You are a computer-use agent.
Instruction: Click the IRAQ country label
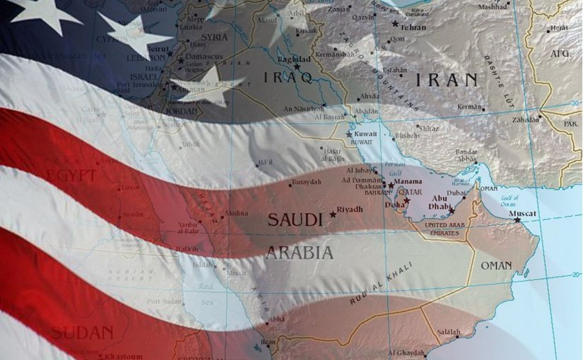pos(288,78)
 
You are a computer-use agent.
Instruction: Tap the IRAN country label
pos(446,79)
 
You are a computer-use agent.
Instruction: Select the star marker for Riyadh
pos(333,214)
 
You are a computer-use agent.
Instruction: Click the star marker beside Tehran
pos(395,24)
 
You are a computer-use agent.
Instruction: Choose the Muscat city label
pos(523,214)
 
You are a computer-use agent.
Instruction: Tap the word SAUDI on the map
pos(295,219)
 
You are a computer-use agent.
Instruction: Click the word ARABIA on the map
pos(299,252)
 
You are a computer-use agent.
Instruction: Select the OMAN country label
pos(496,266)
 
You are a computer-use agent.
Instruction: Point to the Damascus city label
pos(204,56)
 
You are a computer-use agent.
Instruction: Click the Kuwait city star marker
pos(349,134)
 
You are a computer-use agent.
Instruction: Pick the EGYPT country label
pos(70,175)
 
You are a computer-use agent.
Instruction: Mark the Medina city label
pos(236,214)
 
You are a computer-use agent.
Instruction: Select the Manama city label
pos(408,181)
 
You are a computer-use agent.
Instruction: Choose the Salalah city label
pos(448,332)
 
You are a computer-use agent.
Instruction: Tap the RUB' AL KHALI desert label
pos(381,284)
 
